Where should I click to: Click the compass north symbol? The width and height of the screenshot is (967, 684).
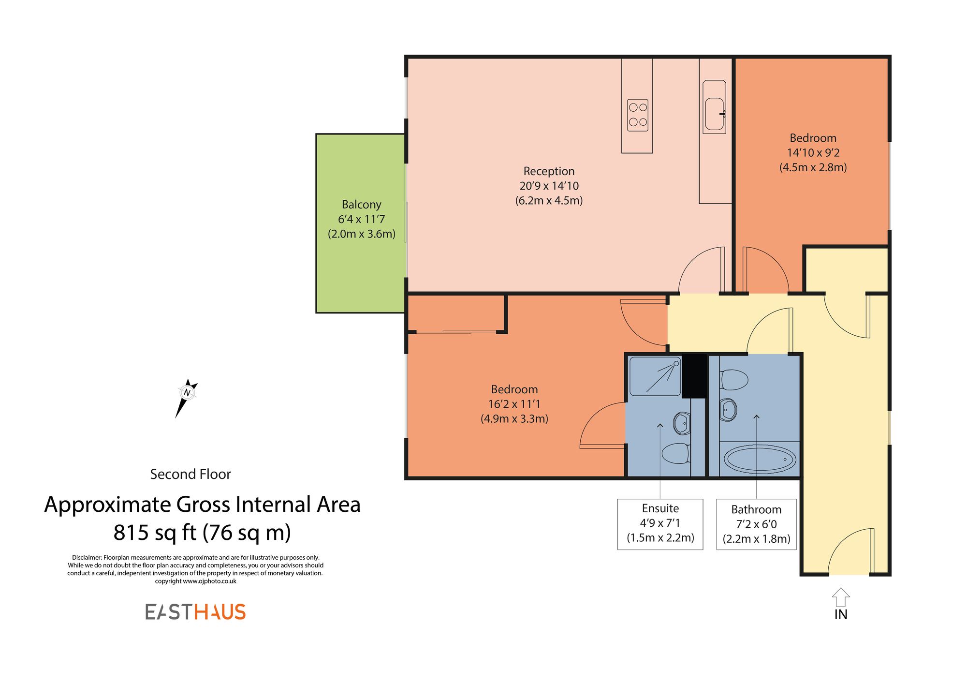[187, 393]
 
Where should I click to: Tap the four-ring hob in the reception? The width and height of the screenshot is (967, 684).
[637, 115]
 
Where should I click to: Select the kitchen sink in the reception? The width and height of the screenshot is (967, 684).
[714, 114]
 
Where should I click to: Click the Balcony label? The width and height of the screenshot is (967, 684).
[361, 205]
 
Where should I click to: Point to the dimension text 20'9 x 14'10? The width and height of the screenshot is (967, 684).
[549, 186]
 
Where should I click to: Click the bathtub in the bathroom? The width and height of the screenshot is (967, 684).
[760, 459]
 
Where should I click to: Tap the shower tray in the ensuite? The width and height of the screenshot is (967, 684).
[655, 376]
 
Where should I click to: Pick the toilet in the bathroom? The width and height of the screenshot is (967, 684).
[734, 380]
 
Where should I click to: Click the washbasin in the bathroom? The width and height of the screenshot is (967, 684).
[728, 410]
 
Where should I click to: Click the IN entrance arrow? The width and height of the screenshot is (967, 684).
[841, 598]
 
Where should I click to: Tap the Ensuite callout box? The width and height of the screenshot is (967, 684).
[660, 524]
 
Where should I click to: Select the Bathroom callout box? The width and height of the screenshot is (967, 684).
[756, 524]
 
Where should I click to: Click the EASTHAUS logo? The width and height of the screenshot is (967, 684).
[195, 612]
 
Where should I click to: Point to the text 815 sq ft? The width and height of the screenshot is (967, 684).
[155, 533]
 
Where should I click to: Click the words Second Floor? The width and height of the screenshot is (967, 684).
[190, 474]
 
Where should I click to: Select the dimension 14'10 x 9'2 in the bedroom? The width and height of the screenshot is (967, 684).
[813, 153]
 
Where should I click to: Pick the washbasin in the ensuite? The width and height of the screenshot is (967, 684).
[682, 423]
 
